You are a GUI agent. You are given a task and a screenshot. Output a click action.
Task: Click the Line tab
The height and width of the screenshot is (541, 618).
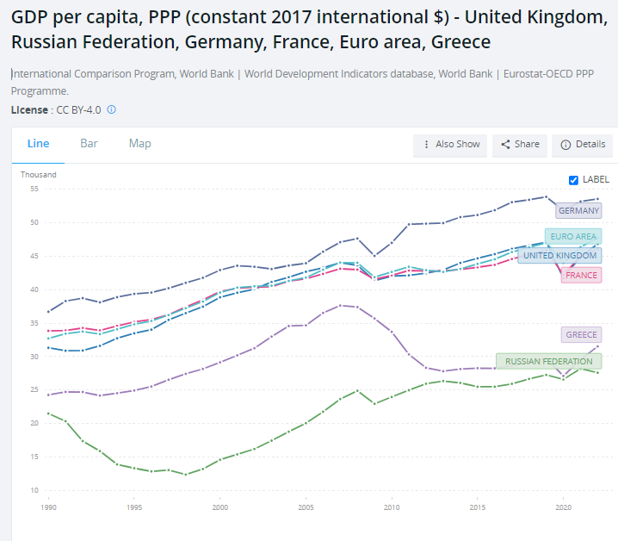38,143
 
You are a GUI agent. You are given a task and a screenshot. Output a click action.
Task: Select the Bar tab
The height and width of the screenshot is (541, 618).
89,143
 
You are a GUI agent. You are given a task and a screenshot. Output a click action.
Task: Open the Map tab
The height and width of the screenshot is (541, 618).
139,143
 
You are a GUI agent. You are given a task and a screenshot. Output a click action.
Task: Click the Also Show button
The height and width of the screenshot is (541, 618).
450,145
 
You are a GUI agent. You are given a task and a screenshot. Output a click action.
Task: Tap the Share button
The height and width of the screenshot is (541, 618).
520,145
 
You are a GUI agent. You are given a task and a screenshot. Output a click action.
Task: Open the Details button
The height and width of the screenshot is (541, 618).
583,145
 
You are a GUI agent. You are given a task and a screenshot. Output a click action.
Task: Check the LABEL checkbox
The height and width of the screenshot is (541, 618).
574,180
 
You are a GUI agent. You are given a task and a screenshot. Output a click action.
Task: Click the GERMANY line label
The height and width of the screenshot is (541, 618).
578,211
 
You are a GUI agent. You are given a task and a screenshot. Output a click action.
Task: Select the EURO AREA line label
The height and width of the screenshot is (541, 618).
573,236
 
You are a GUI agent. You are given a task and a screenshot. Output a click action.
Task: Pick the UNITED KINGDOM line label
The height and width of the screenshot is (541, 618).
559,256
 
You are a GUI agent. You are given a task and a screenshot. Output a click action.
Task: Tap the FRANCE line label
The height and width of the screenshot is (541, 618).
581,276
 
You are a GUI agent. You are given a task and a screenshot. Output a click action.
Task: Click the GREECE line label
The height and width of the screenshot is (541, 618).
581,335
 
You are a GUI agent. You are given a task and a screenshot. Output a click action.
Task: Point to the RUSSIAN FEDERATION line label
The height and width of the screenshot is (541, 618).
548,362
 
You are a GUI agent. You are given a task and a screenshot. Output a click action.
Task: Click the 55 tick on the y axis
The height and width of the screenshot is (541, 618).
35,189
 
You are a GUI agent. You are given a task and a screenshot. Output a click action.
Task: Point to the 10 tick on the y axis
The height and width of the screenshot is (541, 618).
35,490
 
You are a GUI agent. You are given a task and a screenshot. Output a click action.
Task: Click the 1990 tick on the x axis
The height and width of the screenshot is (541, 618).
49,508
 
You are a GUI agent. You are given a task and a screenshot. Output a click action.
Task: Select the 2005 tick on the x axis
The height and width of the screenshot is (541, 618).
306,508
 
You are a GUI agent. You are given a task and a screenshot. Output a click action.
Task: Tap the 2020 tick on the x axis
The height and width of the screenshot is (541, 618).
563,508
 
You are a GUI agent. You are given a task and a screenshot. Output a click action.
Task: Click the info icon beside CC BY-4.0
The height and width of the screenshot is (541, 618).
112,110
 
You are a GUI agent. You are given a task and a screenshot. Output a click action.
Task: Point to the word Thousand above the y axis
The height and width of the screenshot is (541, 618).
39,175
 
